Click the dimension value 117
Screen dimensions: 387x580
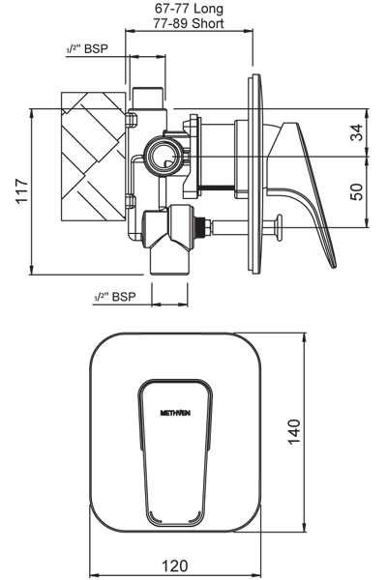22,190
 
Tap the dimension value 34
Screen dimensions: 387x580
357,132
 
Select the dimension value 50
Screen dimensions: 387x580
357,191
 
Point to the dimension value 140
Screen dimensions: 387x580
294,432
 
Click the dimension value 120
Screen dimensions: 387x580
175,565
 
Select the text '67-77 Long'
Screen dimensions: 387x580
189,8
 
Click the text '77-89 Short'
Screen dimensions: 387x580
189,23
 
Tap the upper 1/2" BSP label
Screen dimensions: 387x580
87,49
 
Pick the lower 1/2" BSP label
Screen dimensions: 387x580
115,297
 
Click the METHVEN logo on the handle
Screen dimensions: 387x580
175,413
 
